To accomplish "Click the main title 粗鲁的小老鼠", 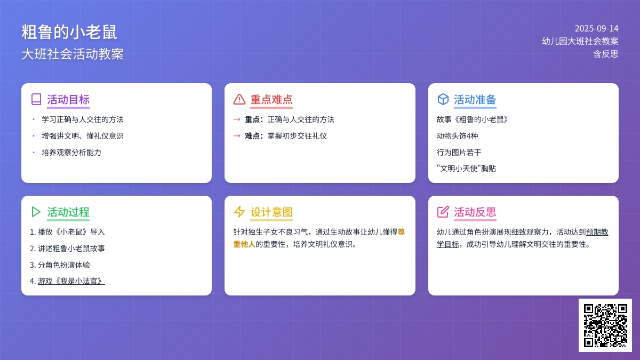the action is pyautogui.click(x=69, y=31).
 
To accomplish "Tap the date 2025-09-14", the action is pyautogui.click(x=596, y=29).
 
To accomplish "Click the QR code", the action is pyautogui.click(x=605, y=325).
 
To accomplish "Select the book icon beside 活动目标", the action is pyautogui.click(x=36, y=99).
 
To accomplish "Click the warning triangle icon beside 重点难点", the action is pyautogui.click(x=239, y=99).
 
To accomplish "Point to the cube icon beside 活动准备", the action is pyautogui.click(x=443, y=99).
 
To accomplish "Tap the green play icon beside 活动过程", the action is pyautogui.click(x=36, y=212).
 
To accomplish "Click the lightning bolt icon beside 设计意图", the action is pyautogui.click(x=239, y=212).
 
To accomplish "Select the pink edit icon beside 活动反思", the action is pyautogui.click(x=443, y=212).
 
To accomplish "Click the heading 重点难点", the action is pyautogui.click(x=271, y=99).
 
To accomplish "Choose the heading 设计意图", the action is pyautogui.click(x=271, y=212).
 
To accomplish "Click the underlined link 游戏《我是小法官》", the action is pyautogui.click(x=71, y=281).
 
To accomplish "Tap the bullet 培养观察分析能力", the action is pyautogui.click(x=71, y=153).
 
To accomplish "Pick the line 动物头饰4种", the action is pyautogui.click(x=457, y=135).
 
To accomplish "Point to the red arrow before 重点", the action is pyautogui.click(x=237, y=119).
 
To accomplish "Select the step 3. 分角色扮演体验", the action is pyautogui.click(x=60, y=265).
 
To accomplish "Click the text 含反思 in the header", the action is pyautogui.click(x=606, y=54).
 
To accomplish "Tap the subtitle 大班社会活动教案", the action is pyautogui.click(x=73, y=54).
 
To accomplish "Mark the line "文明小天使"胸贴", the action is pyautogui.click(x=466, y=169).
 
